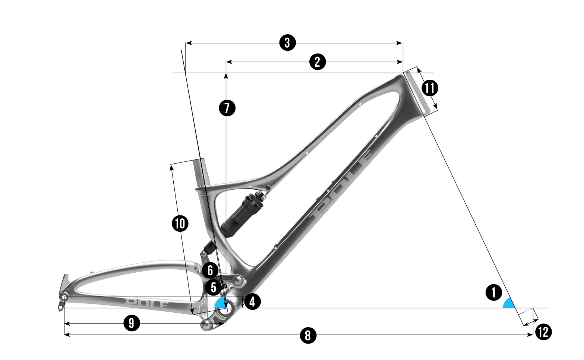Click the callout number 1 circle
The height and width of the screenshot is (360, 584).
[494, 293]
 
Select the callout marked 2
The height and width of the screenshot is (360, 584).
[317, 62]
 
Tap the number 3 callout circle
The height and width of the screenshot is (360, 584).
[287, 43]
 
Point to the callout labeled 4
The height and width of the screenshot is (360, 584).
[252, 302]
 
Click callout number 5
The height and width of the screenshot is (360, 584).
[213, 287]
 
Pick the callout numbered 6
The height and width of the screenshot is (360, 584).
[210, 270]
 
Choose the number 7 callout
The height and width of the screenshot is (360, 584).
[227, 108]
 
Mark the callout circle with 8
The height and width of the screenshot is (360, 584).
[308, 335]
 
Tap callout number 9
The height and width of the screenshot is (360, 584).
[131, 324]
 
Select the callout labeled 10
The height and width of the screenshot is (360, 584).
[180, 224]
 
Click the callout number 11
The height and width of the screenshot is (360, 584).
[429, 88]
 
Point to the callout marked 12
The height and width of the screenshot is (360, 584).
[543, 332]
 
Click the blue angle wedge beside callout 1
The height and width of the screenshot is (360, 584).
[509, 304]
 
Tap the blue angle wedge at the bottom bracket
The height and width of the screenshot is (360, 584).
[220, 304]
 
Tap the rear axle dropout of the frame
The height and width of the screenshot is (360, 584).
[65, 297]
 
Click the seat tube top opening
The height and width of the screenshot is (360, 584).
[198, 160]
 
